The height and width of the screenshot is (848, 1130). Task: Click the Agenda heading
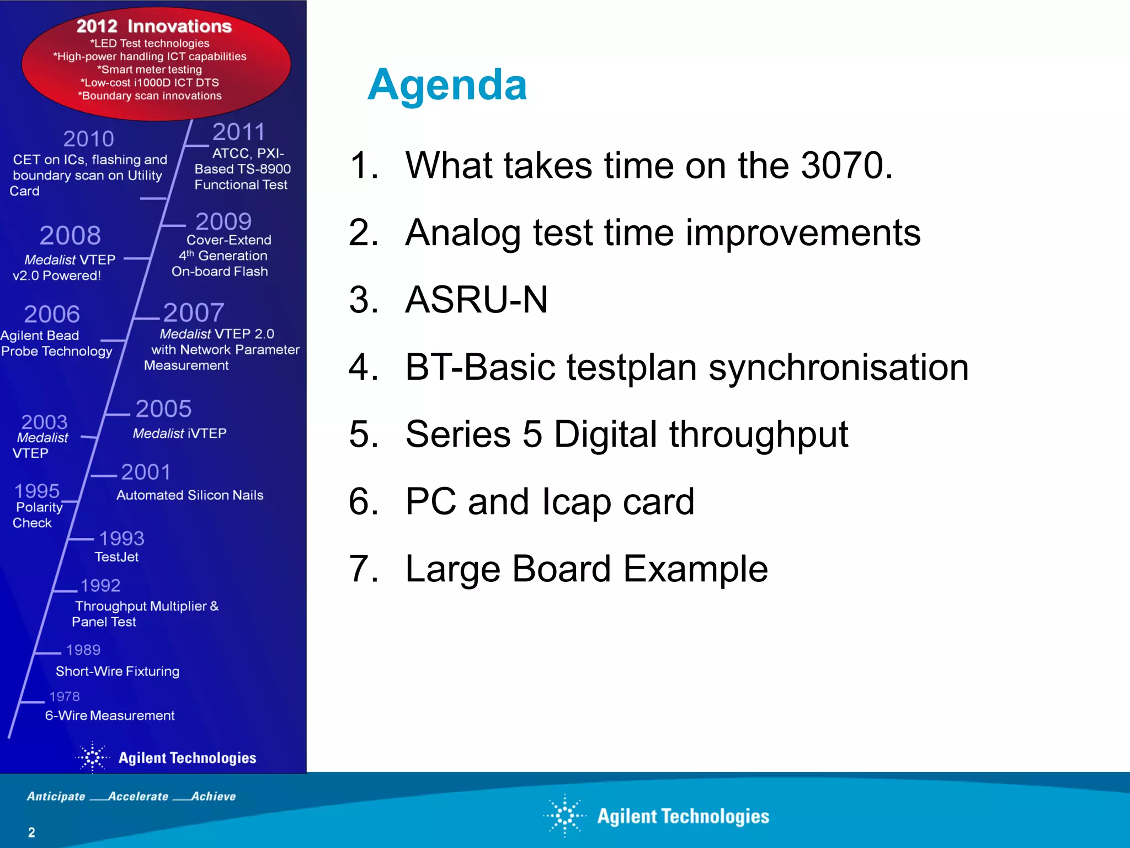(447, 86)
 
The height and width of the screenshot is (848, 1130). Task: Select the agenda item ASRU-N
(476, 300)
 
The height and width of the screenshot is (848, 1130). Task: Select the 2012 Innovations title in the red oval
(154, 26)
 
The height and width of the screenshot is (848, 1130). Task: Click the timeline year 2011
(238, 132)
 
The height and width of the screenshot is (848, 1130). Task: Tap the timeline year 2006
(52, 314)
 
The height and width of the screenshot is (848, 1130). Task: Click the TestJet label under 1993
(116, 557)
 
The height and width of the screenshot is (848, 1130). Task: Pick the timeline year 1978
(65, 697)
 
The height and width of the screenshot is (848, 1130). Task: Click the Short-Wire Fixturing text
(118, 671)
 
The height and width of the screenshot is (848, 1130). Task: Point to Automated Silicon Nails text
(190, 495)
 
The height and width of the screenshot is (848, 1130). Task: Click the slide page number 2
(31, 833)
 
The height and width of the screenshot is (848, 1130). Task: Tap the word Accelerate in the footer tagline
(138, 796)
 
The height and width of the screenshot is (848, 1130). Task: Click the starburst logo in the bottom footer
(564, 815)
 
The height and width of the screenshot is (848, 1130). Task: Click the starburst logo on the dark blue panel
(93, 757)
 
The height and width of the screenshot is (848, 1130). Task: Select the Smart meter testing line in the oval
(150, 70)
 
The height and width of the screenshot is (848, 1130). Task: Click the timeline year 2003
(44, 422)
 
